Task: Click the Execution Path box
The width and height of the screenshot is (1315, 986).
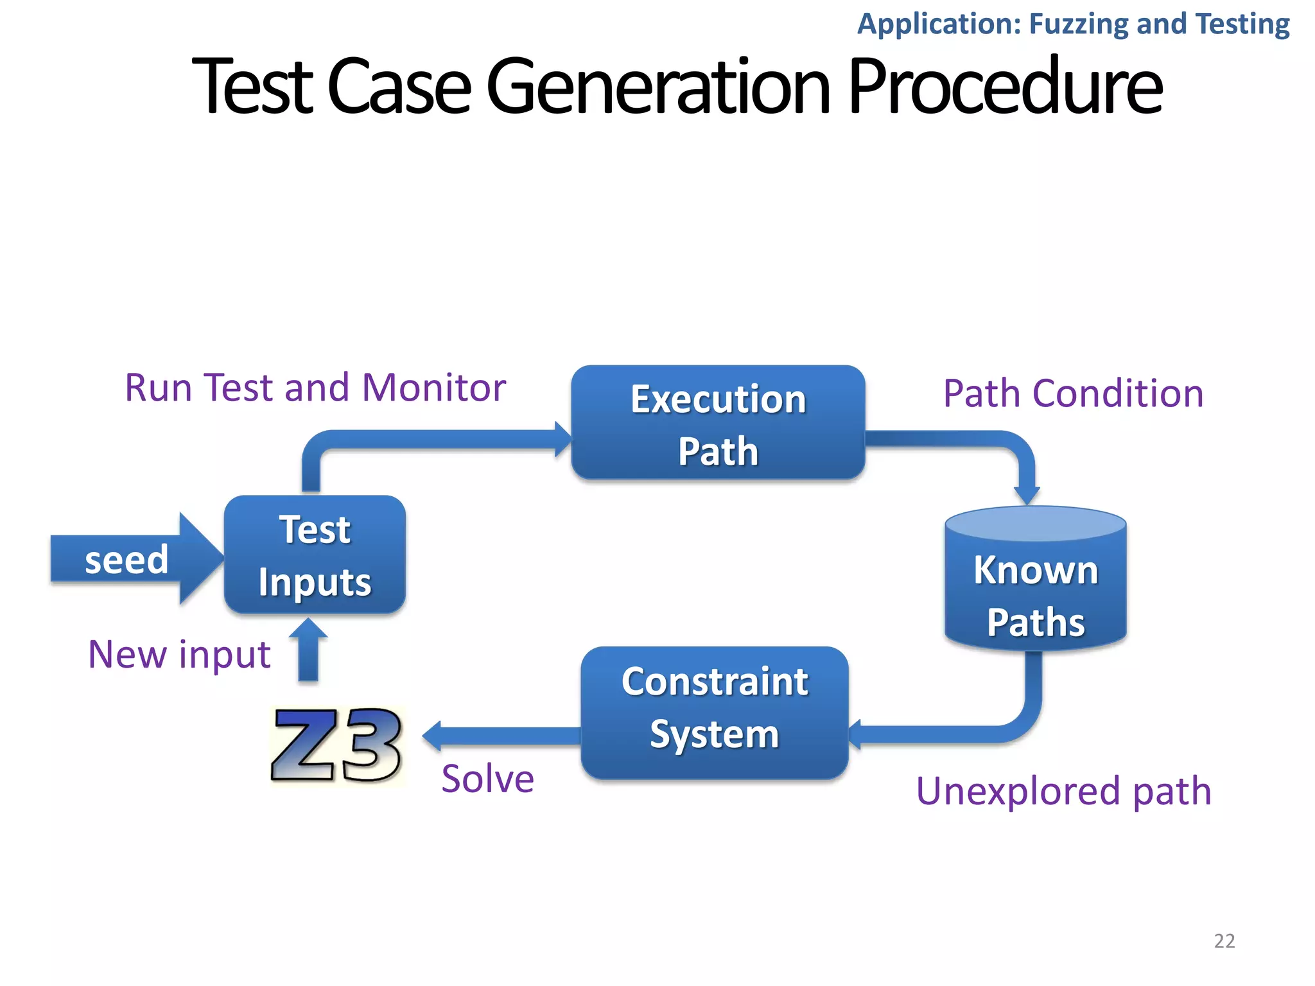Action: coord(718,422)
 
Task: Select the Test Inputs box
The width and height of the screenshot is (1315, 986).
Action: coord(315,555)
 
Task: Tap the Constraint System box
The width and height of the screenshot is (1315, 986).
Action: coord(714,713)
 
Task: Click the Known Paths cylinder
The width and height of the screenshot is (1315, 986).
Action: coord(1035,581)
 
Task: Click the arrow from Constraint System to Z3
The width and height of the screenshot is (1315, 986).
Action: coord(501,736)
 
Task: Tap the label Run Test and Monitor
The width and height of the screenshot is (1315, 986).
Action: coord(315,388)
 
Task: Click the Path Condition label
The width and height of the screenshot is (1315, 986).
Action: coord(1072,393)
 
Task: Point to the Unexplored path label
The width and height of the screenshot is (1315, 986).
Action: coord(1063,791)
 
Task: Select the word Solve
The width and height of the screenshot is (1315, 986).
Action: coord(487,779)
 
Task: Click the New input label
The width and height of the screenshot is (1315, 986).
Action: coord(179,654)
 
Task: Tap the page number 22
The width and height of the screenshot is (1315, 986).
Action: coord(1224,940)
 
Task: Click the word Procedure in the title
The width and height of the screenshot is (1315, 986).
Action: coord(1004,87)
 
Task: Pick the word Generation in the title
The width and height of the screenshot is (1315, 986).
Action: coord(658,87)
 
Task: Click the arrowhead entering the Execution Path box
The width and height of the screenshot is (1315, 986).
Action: coord(562,439)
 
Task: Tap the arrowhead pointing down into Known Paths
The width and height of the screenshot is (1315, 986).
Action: coord(1026,494)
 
